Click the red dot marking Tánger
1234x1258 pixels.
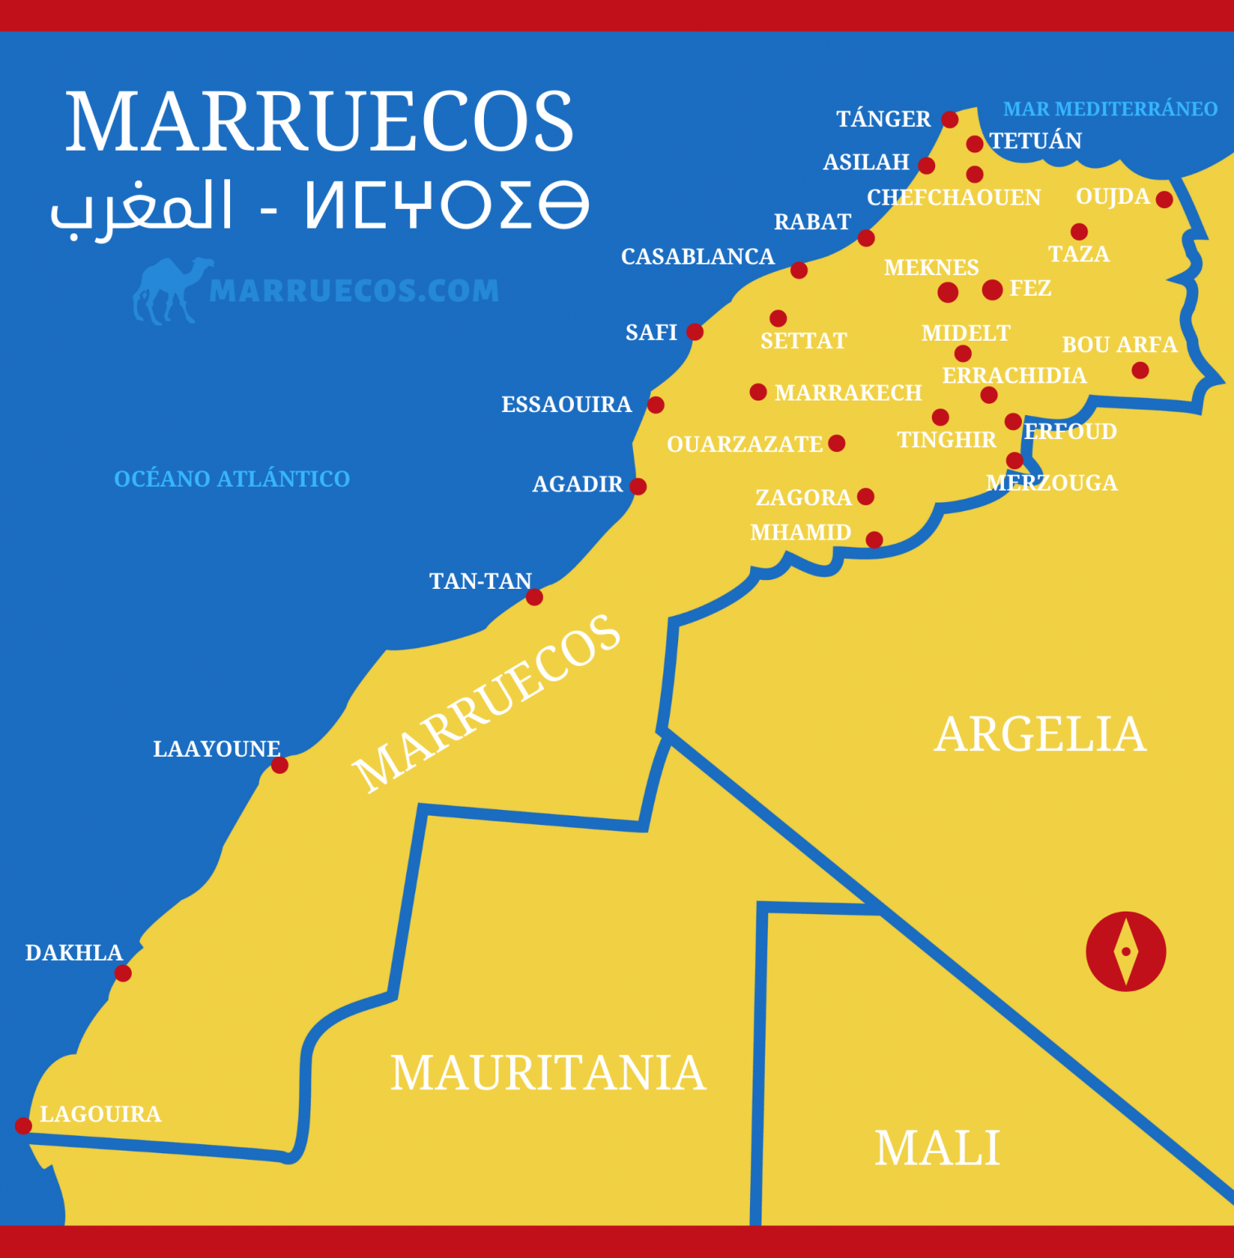(950, 120)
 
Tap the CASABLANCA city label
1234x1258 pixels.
(698, 257)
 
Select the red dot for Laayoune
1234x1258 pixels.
(279, 765)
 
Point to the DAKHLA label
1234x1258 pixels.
(74, 953)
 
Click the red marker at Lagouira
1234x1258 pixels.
(23, 1125)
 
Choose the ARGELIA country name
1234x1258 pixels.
(1040, 734)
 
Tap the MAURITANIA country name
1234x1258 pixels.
(547, 1073)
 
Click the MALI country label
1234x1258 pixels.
(938, 1148)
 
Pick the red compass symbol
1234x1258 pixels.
(1126, 952)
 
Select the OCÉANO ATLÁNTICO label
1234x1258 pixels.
(232, 479)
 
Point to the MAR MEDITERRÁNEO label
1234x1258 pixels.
(1110, 109)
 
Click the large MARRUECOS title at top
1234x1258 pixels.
(319, 122)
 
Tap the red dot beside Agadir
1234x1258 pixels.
(638, 486)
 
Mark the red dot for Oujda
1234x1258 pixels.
(1164, 199)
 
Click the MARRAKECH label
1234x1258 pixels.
(848, 393)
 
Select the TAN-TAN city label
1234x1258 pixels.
(481, 581)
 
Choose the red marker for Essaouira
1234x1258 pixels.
(656, 405)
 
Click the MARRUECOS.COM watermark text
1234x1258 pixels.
(354, 291)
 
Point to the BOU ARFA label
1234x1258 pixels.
(1119, 345)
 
